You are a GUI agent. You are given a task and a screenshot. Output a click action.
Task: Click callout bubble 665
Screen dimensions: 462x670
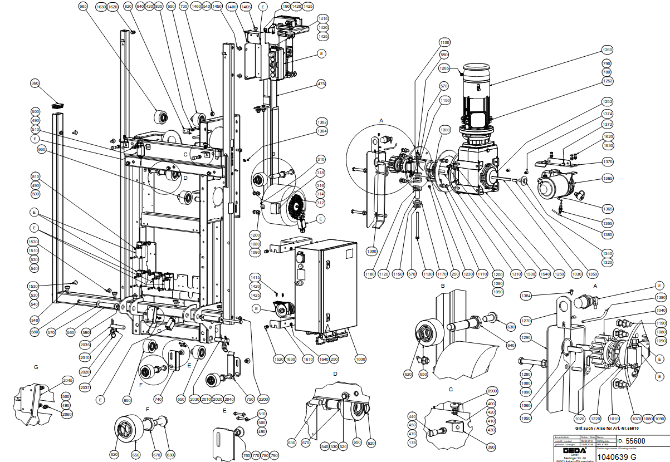click(x=84, y=6)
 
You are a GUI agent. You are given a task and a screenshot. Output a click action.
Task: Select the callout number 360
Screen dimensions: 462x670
click(x=35, y=83)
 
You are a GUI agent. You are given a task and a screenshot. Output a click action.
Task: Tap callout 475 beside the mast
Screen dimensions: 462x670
click(x=321, y=83)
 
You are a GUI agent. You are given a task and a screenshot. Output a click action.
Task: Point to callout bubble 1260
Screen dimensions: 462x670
click(x=608, y=50)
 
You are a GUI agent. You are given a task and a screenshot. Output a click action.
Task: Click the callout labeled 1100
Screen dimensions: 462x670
click(x=444, y=43)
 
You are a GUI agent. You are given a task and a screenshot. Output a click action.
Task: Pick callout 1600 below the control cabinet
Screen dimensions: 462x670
click(x=360, y=359)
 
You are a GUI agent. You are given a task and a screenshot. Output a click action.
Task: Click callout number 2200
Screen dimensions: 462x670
click(x=263, y=399)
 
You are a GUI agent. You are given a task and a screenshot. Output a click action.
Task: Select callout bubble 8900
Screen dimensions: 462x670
click(x=492, y=391)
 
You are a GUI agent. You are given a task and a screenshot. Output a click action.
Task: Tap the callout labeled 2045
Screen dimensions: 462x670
click(x=68, y=381)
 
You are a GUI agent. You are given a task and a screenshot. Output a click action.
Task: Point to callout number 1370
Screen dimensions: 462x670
click(x=607, y=161)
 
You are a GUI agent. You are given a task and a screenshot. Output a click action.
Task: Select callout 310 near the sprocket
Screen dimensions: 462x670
click(x=321, y=159)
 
